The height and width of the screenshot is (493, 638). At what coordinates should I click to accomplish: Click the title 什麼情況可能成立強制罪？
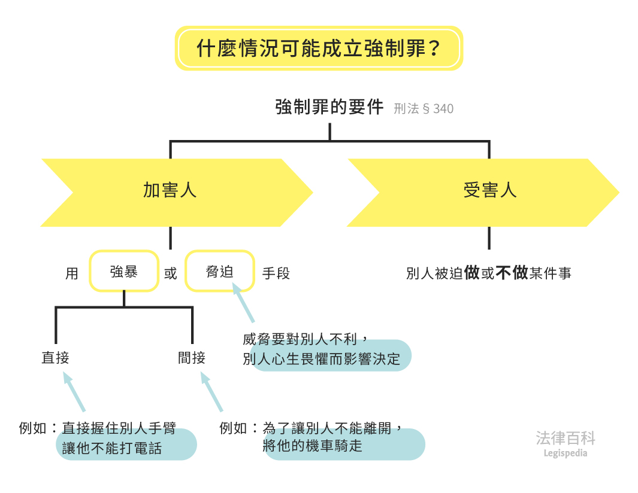tap(319, 48)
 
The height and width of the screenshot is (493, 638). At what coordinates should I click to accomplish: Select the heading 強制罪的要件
tap(329, 108)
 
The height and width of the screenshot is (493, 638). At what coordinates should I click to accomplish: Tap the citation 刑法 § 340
tap(424, 109)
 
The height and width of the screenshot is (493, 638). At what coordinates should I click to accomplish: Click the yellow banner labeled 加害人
tap(170, 191)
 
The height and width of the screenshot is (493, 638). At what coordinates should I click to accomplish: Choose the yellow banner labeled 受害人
tap(489, 191)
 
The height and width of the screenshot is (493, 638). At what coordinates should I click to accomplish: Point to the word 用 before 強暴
tap(72, 274)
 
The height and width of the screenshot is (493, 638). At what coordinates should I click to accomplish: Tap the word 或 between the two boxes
tap(171, 274)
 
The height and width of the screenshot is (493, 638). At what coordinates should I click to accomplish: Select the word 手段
tap(276, 274)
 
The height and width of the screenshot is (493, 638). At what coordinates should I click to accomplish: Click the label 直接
tap(55, 358)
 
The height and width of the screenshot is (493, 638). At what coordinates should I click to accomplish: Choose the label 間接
tap(192, 358)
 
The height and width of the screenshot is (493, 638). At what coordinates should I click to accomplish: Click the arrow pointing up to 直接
tap(74, 392)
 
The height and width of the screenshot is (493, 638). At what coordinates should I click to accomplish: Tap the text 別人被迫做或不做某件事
tap(488, 273)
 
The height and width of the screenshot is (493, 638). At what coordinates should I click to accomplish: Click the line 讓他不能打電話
tap(112, 448)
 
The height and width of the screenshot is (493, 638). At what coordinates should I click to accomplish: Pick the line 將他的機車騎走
tap(312, 446)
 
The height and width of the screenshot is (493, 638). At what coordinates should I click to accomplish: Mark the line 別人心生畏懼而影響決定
tap(321, 359)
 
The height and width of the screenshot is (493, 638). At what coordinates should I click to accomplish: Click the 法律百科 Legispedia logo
tap(566, 443)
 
